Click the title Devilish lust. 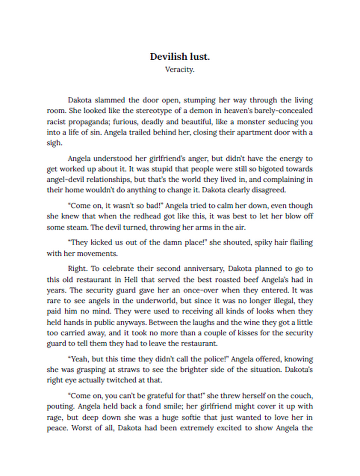pyautogui.click(x=180, y=57)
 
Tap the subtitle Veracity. pyautogui.click(x=180, y=69)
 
